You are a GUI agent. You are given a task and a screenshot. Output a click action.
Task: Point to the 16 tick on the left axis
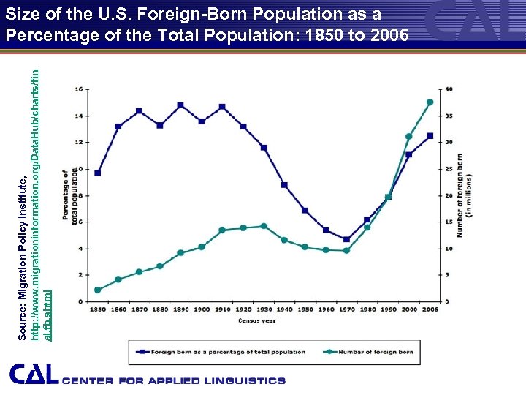coord(78,89)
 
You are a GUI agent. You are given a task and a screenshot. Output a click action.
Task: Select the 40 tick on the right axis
coord(449,89)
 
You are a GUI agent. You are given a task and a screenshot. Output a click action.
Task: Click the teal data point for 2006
coord(430,102)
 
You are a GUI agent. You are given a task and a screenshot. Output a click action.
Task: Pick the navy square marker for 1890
coord(180,105)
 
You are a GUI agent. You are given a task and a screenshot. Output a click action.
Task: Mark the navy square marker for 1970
coord(346,239)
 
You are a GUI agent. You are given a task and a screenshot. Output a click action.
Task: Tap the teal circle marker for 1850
coord(97,290)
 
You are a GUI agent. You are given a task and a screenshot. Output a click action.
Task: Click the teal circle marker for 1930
coord(264,226)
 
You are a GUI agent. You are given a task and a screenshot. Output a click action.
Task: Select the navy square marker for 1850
coord(97,173)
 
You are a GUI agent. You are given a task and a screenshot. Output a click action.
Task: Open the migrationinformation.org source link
coord(38,183)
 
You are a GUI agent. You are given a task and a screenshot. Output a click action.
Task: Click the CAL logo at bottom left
coord(34,375)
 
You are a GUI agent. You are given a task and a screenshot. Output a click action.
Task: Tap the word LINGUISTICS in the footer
coord(242,381)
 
